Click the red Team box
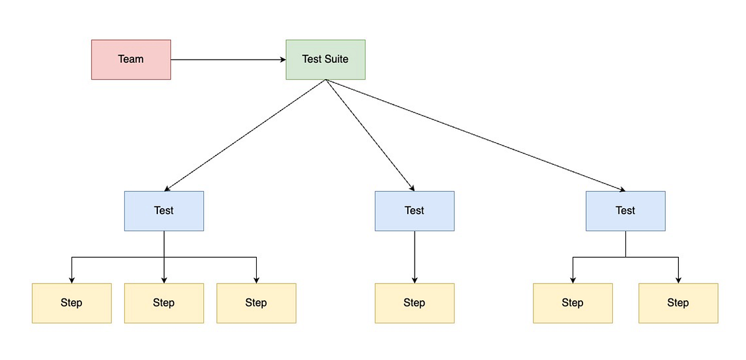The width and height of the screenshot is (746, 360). coord(131,60)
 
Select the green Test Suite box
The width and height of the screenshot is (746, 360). coord(325,60)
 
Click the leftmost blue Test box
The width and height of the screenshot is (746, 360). coord(164,211)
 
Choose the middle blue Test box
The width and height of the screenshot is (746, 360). coord(414,211)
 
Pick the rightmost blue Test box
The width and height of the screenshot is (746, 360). coord(625,211)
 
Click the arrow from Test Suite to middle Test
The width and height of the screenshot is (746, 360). coord(370,135)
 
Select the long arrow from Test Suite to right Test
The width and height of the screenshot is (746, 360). coord(476,135)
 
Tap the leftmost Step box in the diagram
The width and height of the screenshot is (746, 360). coord(71,303)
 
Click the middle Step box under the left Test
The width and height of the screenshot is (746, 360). coord(164,303)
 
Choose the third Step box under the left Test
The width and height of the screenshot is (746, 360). coord(256,303)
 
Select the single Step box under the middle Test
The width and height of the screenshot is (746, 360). coord(414,303)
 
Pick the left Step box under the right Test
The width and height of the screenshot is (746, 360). coord(573,303)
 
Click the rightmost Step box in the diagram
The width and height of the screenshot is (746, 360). coord(678,303)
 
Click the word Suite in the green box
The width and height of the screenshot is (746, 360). coord(336,60)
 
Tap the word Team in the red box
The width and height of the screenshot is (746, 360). coord(131,60)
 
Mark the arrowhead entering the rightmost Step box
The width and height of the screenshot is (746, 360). coord(678,280)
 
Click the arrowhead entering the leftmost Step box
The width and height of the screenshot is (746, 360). coord(71,280)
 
